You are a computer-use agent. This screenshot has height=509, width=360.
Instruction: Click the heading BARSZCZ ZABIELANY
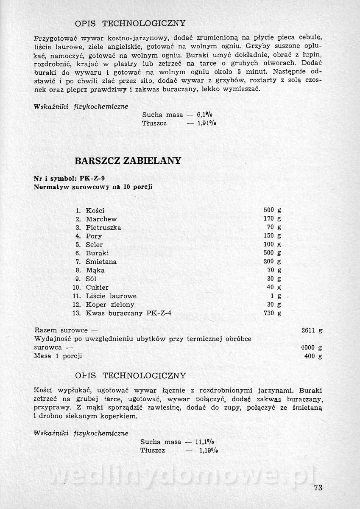click(x=128, y=160)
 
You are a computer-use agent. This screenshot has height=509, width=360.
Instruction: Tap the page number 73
click(x=319, y=487)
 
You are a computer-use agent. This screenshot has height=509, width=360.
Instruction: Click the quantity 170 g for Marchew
click(x=272, y=219)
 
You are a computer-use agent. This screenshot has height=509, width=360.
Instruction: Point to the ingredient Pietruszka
click(x=103, y=228)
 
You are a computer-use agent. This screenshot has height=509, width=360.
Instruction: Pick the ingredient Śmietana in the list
click(x=101, y=262)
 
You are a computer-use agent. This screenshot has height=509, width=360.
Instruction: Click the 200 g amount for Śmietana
click(x=272, y=262)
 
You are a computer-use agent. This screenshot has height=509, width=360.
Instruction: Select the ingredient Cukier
click(x=97, y=287)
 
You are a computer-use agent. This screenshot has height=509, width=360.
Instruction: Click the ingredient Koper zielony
click(x=110, y=305)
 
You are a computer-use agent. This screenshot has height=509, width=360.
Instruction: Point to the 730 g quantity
click(x=272, y=313)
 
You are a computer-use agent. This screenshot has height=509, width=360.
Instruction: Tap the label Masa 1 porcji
click(x=58, y=356)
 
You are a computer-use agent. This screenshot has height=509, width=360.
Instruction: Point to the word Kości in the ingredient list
click(x=95, y=210)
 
